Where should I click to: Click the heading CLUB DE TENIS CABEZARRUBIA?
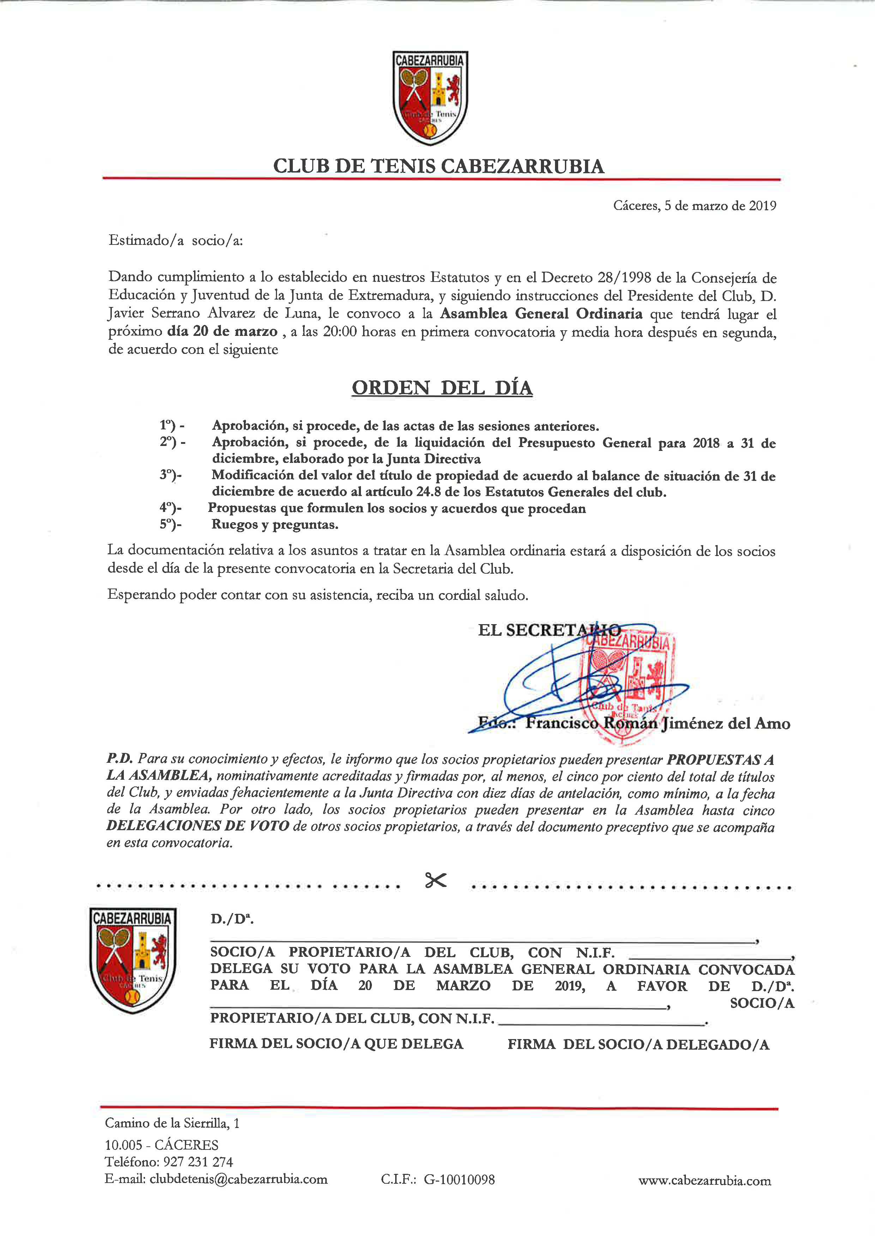(438, 166)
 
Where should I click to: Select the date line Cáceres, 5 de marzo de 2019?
(694, 206)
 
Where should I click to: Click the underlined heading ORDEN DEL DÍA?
(442, 388)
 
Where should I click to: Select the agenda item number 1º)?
(171, 426)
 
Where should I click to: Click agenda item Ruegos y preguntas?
(275, 524)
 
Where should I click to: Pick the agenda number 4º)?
(170, 508)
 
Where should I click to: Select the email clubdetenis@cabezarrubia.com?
(238, 1179)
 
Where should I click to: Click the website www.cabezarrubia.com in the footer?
(704, 1181)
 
